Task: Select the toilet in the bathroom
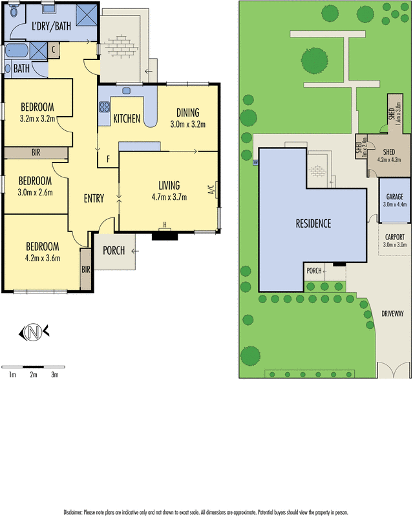tap(8, 67)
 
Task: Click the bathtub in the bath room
tap(17, 51)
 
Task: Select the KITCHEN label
tap(127, 119)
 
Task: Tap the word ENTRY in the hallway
tap(94, 199)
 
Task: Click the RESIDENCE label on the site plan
tap(313, 224)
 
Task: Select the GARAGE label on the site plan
tap(395, 196)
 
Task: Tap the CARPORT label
tap(394, 237)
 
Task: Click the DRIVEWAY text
tap(392, 313)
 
